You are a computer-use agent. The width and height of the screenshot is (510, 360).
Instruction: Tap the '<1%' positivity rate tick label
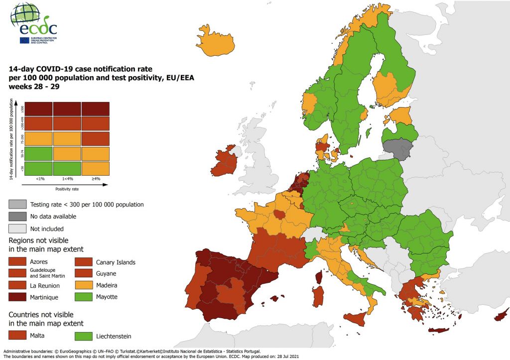point(38,179)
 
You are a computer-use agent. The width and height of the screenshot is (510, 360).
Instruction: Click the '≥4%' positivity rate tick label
point(96,179)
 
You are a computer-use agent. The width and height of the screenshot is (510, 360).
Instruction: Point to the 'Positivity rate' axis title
point(67,189)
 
